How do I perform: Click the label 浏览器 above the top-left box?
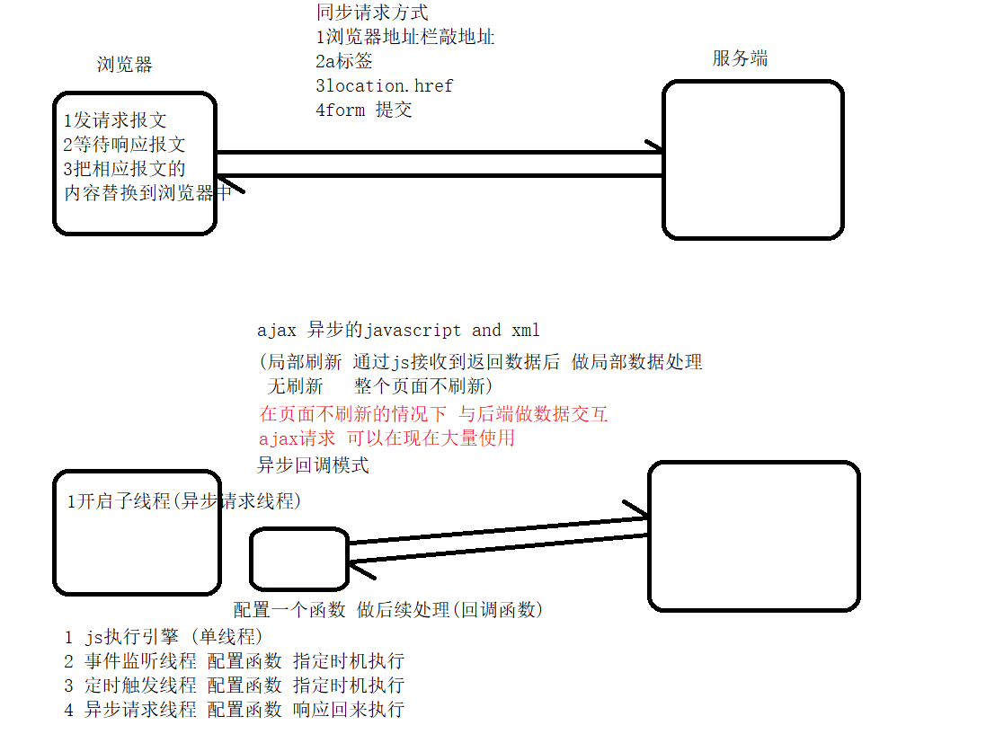point(125,65)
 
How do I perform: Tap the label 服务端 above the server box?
point(740,59)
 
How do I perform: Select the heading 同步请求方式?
point(372,13)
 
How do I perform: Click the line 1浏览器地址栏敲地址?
point(405,38)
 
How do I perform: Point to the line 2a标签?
point(344,62)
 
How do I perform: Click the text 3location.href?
point(385,86)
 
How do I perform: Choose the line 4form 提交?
point(364,111)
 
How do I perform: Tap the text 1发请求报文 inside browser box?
point(115,120)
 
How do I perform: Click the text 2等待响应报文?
point(125,145)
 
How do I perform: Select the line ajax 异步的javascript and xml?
point(398,331)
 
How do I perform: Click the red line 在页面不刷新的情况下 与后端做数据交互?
point(433,414)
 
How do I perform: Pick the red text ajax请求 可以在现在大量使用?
point(386,438)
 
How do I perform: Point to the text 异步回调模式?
point(313,465)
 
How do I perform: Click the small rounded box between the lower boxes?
point(298,558)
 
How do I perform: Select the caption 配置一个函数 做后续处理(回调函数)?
point(388,610)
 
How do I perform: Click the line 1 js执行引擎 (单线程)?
point(163,637)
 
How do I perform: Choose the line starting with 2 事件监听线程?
point(234,661)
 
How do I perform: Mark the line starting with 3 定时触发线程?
point(234,685)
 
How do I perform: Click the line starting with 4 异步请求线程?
point(234,710)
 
